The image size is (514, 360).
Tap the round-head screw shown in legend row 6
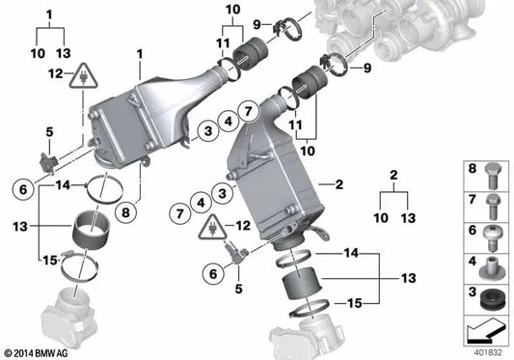click(x=493, y=237)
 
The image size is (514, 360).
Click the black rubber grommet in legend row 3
click(x=493, y=298)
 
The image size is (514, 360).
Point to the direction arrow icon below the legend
click(x=486, y=330)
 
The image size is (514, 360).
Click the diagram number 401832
click(x=488, y=353)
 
